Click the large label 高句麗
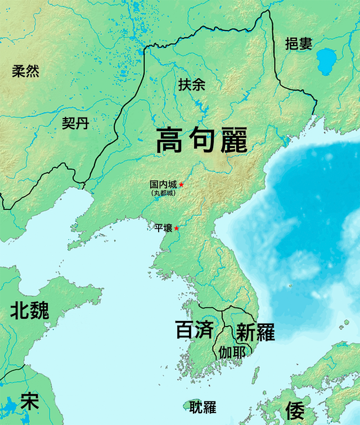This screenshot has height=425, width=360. (x=201, y=140)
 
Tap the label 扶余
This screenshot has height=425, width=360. (x=192, y=85)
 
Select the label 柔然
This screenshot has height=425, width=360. (x=26, y=71)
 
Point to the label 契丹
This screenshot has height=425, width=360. (x=75, y=123)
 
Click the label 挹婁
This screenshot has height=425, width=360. (x=298, y=44)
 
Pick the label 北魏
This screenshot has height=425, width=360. (x=29, y=310)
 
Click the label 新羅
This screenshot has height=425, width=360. (x=255, y=332)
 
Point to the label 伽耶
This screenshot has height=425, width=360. (x=232, y=352)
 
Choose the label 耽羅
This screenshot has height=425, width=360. (x=202, y=408)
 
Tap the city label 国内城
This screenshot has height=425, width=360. (x=163, y=184)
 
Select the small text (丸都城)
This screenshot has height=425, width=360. (x=163, y=193)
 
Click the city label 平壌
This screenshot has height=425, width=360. (x=164, y=228)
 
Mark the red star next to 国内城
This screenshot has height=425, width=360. (x=181, y=184)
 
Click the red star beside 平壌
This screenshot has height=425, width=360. (x=177, y=228)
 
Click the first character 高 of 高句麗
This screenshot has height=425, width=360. (x=171, y=140)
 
